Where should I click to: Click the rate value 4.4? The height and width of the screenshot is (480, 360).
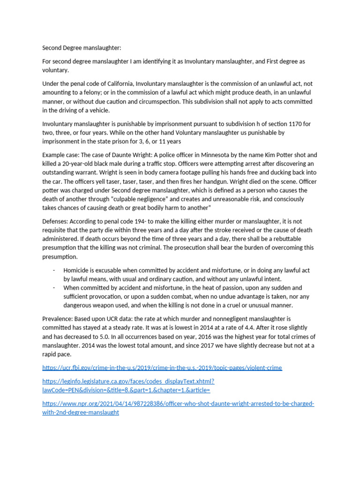tap(223, 328)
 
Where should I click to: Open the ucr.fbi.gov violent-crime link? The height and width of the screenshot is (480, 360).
tap(162, 367)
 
